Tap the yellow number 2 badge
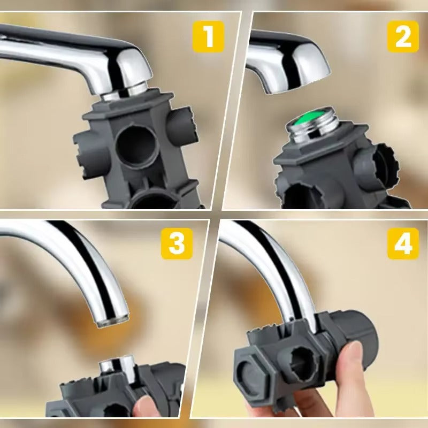coord(403,36)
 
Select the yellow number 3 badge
coord(177,243)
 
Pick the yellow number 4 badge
coord(403,243)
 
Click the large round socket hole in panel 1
coord(138,147)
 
